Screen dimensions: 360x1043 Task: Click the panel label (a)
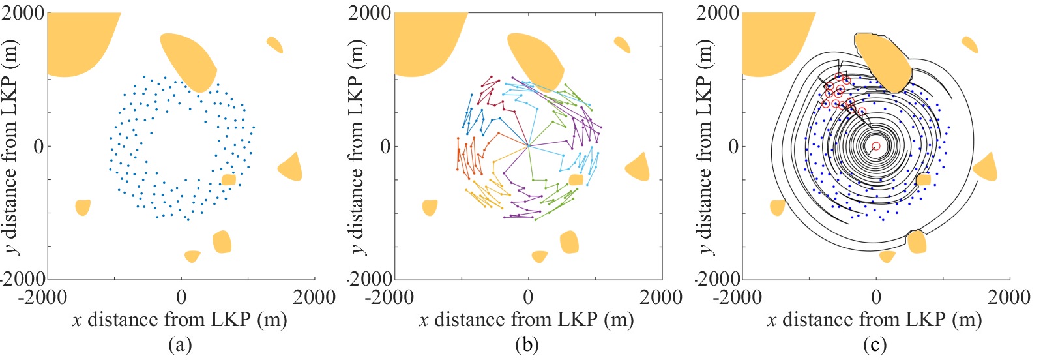180,345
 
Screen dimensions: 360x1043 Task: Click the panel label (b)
527,345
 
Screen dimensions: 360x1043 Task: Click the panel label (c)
874,345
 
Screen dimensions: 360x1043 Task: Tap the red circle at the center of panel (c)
876,146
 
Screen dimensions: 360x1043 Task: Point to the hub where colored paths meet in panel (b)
529,146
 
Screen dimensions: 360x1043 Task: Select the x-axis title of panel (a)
180,320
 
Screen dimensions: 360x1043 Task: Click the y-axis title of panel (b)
358,146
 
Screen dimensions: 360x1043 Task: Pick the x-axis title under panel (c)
874,320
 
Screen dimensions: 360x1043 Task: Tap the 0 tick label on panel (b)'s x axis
529,297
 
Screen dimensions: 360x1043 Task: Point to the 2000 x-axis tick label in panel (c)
1008,297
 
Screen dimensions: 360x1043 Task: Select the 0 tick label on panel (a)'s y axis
38,146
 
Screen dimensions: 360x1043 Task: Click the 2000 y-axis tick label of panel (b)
370,13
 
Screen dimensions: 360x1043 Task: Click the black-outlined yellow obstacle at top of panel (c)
883,62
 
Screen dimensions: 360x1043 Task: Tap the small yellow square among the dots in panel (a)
228,180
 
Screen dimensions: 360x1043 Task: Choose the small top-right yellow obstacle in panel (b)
622,44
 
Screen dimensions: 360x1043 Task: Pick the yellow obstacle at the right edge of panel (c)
985,168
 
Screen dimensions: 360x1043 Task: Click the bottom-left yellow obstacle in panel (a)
82,207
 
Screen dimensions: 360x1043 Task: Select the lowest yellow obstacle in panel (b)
539,256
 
